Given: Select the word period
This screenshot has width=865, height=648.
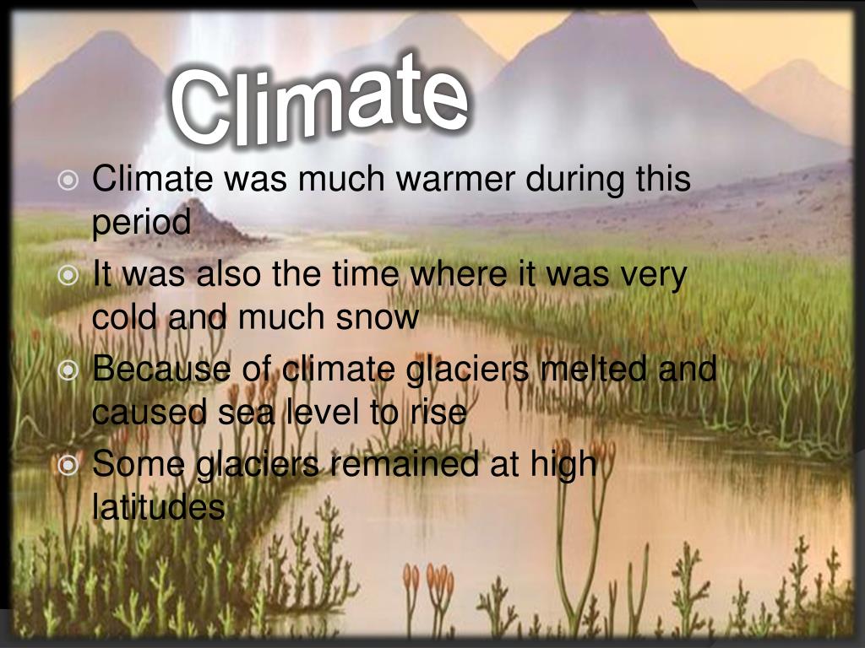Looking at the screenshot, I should coord(141,224).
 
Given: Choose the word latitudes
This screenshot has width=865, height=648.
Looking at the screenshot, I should coord(158,508).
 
